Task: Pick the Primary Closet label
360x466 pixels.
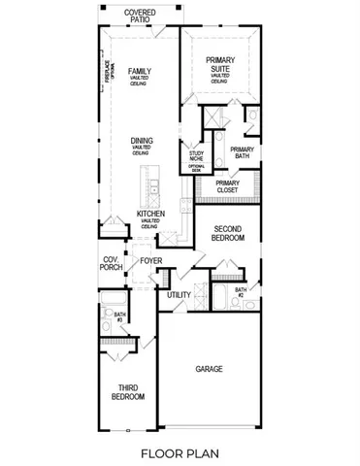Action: coord(228,186)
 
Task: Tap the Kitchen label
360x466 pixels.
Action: coord(149,216)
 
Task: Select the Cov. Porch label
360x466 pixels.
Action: coord(112,263)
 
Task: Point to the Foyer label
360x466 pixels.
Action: coord(150,261)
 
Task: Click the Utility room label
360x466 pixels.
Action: coord(179,294)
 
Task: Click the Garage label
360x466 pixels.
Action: coord(209,369)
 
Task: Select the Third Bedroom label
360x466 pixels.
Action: coord(128,392)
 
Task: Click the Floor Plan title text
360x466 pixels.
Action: coord(180,451)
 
